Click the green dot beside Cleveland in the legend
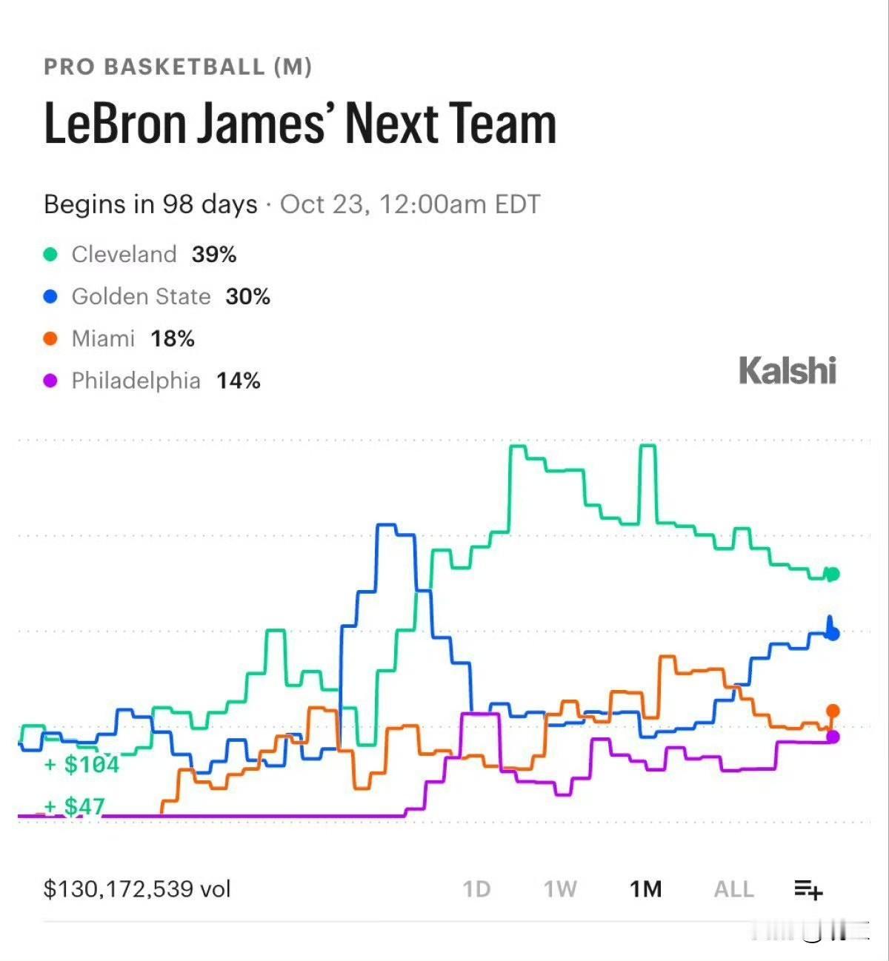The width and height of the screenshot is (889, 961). coord(50,254)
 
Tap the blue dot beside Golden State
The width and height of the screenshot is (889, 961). coord(50,296)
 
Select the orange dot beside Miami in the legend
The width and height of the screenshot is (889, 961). coord(50,338)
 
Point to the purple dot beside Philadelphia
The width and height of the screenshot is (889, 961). coord(50,381)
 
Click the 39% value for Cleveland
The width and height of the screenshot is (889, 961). coord(214,255)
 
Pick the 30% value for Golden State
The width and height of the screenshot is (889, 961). coord(248,297)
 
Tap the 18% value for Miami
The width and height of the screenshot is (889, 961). coord(173,339)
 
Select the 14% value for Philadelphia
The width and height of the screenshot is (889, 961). coord(239,381)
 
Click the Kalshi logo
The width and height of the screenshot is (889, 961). coord(788,371)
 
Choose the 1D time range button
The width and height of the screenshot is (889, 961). coord(476,889)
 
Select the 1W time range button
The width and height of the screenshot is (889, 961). coord(560,889)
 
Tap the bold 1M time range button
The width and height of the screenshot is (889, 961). coord(645,889)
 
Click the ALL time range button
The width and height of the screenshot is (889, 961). coord(734,889)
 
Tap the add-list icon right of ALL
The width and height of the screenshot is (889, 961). coord(809,890)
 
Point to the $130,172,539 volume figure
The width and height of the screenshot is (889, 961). coord(137,889)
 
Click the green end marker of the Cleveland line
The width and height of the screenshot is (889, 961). coord(833,575)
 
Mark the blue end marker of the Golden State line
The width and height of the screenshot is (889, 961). coord(833,633)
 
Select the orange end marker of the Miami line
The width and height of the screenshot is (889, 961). coord(833,711)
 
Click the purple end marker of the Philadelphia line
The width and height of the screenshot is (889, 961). coord(833,737)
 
